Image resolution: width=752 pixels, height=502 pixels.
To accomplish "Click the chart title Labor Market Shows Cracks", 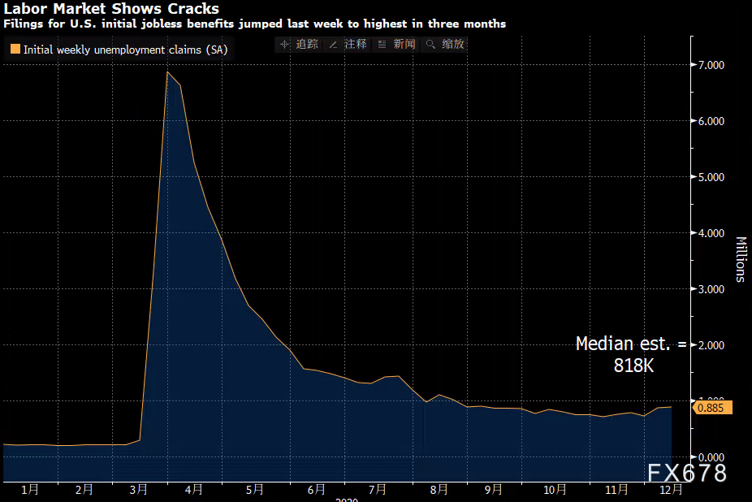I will pos(111,9).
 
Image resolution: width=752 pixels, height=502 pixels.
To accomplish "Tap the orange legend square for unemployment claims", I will pos(15,50).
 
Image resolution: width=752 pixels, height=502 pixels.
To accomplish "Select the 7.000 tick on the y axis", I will pos(711,65).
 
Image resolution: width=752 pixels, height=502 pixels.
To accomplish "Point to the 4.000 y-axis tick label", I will pos(711,233).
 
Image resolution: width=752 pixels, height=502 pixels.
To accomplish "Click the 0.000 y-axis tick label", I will pos(711,457).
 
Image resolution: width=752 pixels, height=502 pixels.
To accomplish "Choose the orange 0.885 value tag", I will pos(712,408).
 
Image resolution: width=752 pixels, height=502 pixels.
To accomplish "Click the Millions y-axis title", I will pos(741,259).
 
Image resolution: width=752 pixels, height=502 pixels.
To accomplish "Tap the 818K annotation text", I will pos(633,366).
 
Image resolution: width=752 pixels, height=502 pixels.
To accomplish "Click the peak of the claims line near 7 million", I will pos(167,72).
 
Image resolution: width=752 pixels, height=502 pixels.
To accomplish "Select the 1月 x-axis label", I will pos(30,490).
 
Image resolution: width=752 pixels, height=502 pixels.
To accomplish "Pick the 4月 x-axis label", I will pos(193,490).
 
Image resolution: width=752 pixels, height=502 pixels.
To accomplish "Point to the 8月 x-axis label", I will pos(439,490).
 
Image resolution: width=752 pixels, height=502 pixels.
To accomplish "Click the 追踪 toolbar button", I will pos(299,44).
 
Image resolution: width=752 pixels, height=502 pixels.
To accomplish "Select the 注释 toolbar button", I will pos(348,44).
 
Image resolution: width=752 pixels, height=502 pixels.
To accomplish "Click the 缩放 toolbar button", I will pos(446,44).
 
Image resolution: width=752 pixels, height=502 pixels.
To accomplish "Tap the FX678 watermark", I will pos(687,473).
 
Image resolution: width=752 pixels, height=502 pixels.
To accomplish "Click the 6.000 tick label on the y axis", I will pos(711,121).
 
